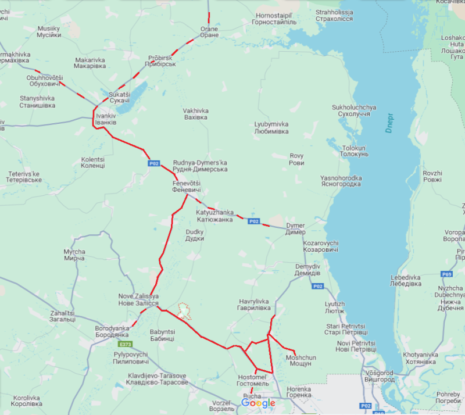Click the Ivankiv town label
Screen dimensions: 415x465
106,119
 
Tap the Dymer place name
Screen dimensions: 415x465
295,228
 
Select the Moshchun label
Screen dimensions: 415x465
300,360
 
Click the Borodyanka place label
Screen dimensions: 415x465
112,332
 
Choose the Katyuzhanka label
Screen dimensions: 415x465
214,216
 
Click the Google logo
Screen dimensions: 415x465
258,403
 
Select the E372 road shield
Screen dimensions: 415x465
127,344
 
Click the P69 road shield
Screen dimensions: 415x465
446,274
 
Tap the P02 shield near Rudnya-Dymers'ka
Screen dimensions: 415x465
153,164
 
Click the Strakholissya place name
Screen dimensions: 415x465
334,15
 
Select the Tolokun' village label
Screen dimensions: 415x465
355,151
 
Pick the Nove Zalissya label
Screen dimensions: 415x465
139,300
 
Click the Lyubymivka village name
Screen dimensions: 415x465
271,128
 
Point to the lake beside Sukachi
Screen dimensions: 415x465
124,105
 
